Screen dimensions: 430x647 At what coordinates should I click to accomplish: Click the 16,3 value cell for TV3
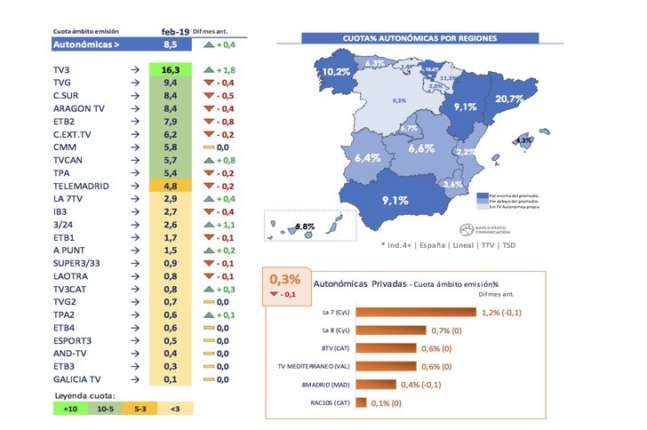(x=171, y=69)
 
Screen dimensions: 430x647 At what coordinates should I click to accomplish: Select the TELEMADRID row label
(x=81, y=187)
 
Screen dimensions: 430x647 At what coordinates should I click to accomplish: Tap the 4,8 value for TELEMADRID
(x=171, y=187)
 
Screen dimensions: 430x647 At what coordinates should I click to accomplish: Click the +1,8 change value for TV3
(x=222, y=69)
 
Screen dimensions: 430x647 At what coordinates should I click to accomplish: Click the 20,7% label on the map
(x=508, y=100)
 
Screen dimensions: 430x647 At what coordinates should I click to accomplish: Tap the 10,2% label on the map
(x=336, y=72)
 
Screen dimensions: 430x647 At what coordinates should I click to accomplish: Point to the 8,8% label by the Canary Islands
(x=305, y=227)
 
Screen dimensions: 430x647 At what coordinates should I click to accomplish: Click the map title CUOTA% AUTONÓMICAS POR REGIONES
(x=419, y=39)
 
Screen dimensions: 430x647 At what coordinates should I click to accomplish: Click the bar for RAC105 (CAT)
(x=362, y=402)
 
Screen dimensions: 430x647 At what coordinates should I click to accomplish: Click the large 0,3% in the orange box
(x=285, y=279)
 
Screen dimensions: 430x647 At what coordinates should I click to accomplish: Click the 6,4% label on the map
(x=367, y=157)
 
